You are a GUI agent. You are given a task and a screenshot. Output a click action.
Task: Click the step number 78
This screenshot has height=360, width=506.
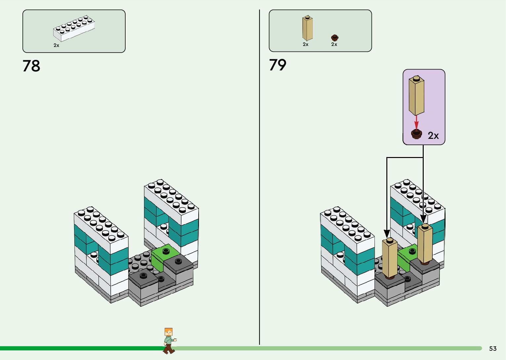tap(31, 66)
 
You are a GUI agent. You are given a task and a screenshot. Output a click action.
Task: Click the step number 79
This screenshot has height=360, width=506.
tap(278, 65)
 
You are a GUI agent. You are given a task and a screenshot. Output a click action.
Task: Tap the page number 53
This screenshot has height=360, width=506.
tap(493, 348)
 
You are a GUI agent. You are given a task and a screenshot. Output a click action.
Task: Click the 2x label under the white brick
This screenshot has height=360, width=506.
tap(57, 45)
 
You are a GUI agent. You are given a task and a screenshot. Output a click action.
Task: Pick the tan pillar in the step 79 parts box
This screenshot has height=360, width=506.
tap(307, 28)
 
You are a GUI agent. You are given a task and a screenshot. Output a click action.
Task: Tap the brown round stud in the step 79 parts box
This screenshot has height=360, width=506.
tap(334, 37)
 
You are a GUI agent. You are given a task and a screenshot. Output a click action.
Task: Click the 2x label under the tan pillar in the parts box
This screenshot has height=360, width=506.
tap(306, 44)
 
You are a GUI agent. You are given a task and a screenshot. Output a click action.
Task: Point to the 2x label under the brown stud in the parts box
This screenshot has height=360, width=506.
tap(334, 44)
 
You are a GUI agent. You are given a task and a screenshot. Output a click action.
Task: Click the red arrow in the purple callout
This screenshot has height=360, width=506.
tap(416, 122)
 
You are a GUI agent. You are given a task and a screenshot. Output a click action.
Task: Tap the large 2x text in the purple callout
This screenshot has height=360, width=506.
tap(433, 136)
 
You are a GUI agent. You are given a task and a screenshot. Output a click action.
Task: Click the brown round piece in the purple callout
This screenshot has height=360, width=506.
tap(416, 134)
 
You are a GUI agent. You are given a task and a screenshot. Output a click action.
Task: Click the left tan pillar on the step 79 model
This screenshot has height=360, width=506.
tap(390, 258)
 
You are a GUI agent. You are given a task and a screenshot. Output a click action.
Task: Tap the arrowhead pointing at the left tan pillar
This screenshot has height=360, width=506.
tap(387, 234)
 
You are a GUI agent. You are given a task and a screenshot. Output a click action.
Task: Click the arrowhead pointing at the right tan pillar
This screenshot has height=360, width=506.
tap(423, 219)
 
